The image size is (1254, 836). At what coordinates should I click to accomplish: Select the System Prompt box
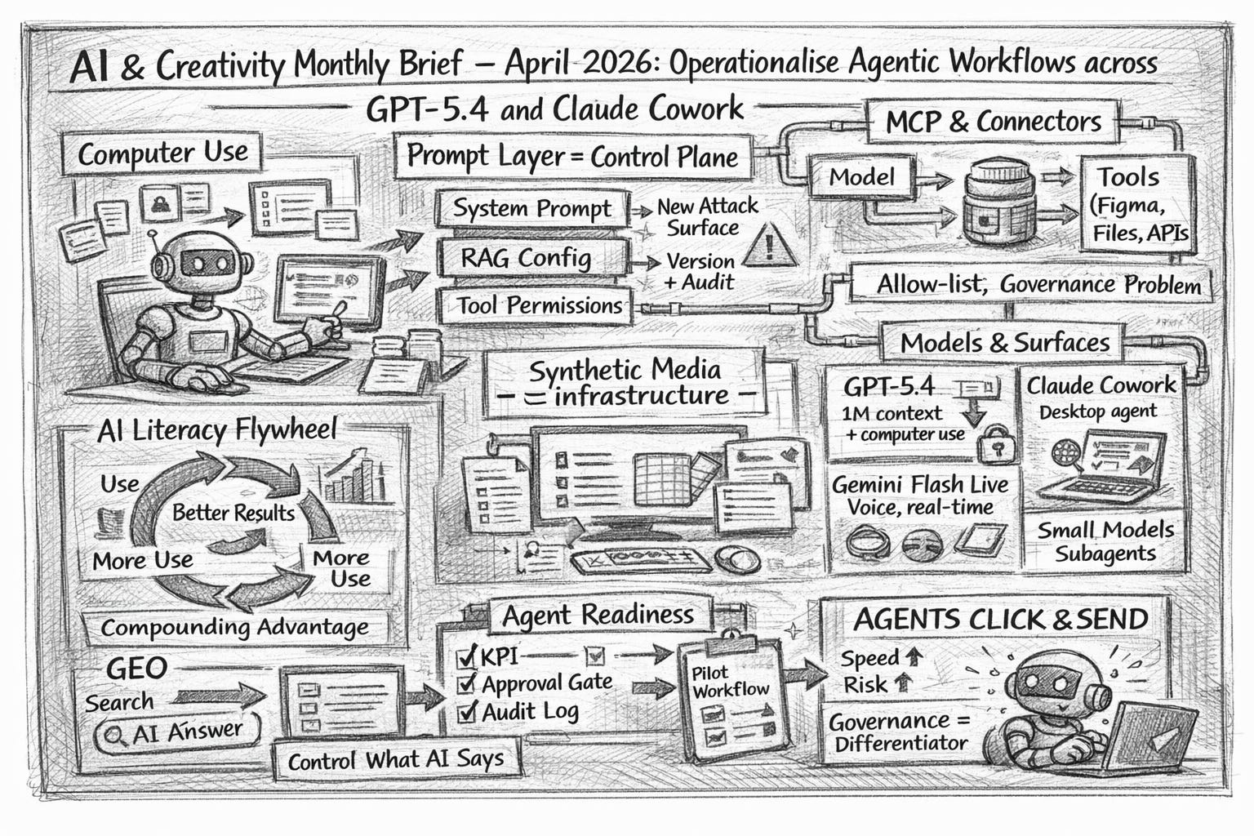click(x=532, y=209)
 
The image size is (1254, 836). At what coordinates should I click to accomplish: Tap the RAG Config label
click(x=526, y=258)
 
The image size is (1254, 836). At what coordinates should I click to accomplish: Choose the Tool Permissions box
click(x=539, y=306)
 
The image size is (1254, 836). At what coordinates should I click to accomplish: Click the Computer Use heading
click(x=162, y=153)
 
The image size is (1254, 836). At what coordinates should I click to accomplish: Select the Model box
click(x=862, y=177)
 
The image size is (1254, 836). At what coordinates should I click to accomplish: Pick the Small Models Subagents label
click(x=1105, y=542)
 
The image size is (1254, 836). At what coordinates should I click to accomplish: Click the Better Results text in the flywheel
click(x=233, y=513)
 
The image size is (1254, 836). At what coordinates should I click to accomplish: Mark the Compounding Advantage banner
click(x=234, y=628)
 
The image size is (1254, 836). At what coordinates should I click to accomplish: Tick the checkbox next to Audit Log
click(x=467, y=712)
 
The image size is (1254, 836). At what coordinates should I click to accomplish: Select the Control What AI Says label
click(x=395, y=760)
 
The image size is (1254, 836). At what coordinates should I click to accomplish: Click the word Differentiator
click(x=900, y=744)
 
